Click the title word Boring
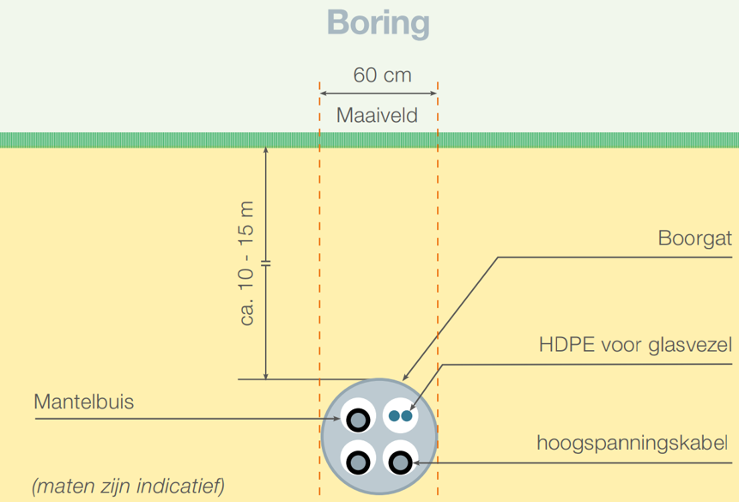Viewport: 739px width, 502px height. tap(378, 23)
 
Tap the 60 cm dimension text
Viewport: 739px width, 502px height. tap(382, 75)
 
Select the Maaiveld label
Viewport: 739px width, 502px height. tap(377, 115)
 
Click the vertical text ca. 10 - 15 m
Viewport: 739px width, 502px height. tap(247, 263)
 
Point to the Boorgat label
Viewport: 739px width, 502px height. tap(694, 239)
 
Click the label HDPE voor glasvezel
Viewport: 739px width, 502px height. tap(635, 345)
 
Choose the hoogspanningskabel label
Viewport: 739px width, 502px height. tap(632, 444)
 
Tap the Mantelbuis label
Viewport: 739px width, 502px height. tap(84, 402)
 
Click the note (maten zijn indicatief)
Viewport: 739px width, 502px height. tap(128, 486)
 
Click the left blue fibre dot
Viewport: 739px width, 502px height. tap(394, 415)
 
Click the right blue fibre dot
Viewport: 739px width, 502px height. tap(406, 415)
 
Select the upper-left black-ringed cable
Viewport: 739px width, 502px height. tap(358, 420)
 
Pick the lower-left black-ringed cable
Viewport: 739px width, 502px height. tap(358, 463)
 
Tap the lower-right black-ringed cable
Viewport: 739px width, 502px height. tap(401, 463)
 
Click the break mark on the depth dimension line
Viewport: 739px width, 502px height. tap(266, 263)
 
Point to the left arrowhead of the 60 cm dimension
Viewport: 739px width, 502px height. tap(324, 94)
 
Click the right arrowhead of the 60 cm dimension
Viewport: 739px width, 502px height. tap(433, 94)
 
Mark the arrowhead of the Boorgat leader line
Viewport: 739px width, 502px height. tap(405, 377)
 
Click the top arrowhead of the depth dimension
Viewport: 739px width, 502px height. tap(266, 150)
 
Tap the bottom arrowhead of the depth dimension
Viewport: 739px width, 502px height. tap(266, 376)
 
